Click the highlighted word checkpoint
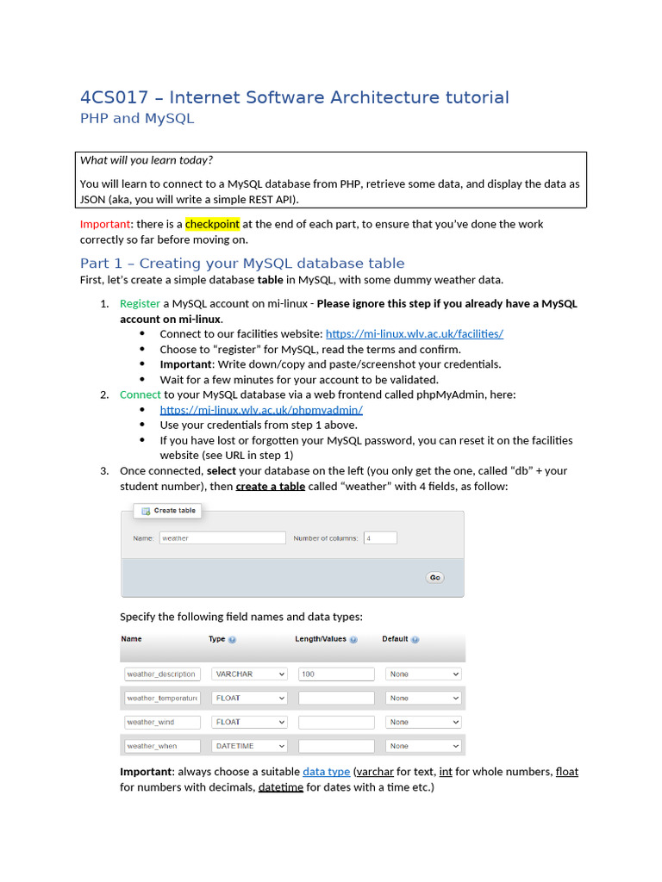click(x=212, y=224)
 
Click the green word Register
click(x=140, y=303)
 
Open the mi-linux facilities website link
click(x=414, y=334)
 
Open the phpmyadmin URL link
click(x=261, y=410)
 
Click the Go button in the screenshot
click(x=435, y=577)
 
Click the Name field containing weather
click(x=222, y=537)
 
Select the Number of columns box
click(x=379, y=537)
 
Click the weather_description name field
click(x=162, y=674)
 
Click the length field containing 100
click(x=336, y=674)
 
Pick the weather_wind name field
click(x=162, y=722)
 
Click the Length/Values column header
click(x=321, y=639)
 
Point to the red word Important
click(x=104, y=224)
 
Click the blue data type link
click(x=326, y=772)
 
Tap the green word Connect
click(x=140, y=394)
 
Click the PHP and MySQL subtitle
click(x=137, y=119)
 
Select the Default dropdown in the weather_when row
click(x=423, y=746)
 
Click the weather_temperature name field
click(x=162, y=698)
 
